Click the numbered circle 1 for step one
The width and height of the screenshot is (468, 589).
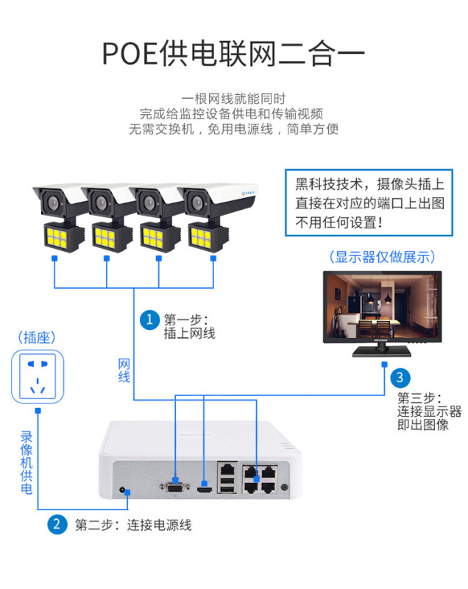[x=150, y=320]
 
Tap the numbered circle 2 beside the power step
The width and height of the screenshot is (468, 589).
[x=57, y=525]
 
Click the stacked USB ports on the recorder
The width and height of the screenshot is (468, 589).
[x=228, y=484]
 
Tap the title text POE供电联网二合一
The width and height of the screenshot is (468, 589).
[x=233, y=53]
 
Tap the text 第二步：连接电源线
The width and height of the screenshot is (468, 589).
[x=133, y=526]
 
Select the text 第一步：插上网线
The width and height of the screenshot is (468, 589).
[x=189, y=326]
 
